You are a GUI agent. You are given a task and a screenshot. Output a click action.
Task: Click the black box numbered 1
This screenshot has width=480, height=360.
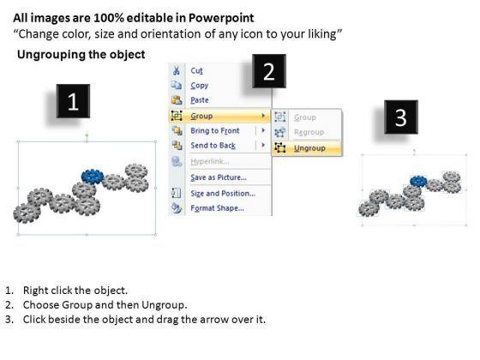(x=73, y=101)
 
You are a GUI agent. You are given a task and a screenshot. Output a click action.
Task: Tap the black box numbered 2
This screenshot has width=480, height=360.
(x=269, y=71)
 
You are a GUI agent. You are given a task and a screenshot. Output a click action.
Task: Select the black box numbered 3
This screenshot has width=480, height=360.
(x=401, y=117)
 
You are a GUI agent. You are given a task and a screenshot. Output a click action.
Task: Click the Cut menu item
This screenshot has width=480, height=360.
(x=196, y=70)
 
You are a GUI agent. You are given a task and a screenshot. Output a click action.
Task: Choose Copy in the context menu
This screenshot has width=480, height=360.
(x=199, y=86)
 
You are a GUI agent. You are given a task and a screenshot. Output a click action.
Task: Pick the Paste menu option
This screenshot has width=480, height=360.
(x=200, y=100)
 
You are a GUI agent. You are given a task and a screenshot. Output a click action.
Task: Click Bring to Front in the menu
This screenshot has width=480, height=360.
(x=215, y=130)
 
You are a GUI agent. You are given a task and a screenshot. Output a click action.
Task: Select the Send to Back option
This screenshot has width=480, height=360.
(x=213, y=146)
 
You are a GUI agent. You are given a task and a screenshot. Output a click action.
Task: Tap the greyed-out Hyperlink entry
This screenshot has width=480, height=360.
(x=210, y=161)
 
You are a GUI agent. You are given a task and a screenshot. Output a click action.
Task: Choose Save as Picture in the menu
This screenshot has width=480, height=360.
(x=219, y=177)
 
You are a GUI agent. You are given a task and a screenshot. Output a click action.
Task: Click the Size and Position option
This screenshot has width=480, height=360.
(x=223, y=194)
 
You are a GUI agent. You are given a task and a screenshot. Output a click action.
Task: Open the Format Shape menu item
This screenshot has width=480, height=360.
(x=217, y=208)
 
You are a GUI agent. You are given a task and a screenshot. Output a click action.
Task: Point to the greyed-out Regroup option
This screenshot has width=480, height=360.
(x=309, y=132)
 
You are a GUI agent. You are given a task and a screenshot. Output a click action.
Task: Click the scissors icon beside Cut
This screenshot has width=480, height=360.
(x=177, y=70)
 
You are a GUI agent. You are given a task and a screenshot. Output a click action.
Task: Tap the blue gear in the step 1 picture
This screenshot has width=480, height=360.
(x=93, y=177)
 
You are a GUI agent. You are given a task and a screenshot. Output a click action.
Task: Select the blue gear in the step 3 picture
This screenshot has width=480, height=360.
(x=418, y=181)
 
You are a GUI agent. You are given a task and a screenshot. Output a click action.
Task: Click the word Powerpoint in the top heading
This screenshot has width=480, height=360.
(x=221, y=18)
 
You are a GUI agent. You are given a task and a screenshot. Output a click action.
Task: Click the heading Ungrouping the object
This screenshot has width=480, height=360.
(x=81, y=55)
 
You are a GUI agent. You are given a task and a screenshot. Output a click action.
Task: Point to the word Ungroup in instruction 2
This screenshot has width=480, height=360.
(x=164, y=305)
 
